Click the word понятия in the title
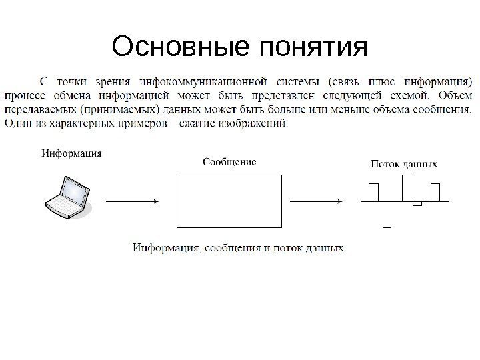pyautogui.click(x=313, y=49)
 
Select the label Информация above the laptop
pyautogui.click(x=72, y=153)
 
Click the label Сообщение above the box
pyautogui.click(x=229, y=161)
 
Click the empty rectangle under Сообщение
pyautogui.click(x=229, y=201)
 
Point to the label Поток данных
pyautogui.click(x=404, y=163)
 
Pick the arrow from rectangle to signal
pyautogui.click(x=317, y=201)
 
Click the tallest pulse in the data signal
pyautogui.click(x=406, y=187)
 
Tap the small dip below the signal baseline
pyautogui.click(x=417, y=203)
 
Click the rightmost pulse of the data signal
pyautogui.click(x=435, y=192)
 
